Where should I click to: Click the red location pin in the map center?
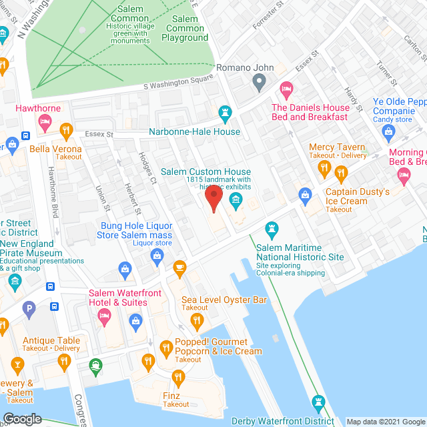tap(213, 199)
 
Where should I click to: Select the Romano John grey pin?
tap(260, 83)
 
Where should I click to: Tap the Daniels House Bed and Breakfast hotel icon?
tap(286, 88)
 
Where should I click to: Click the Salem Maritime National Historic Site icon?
tap(272, 230)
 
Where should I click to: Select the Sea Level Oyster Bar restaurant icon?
tap(196, 321)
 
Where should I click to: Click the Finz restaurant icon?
tap(148, 362)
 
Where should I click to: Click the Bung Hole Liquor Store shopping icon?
tap(124, 270)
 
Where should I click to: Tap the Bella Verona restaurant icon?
tap(65, 129)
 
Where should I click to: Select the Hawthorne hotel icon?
tap(45, 122)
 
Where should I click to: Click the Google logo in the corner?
tap(22, 418)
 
